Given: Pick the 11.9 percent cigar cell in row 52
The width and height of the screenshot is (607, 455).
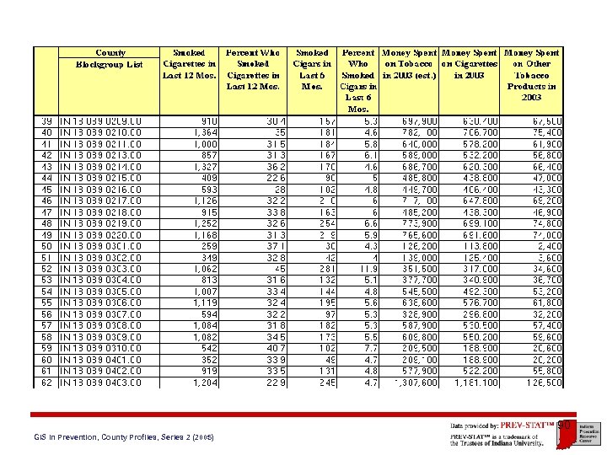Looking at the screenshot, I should click(x=368, y=269).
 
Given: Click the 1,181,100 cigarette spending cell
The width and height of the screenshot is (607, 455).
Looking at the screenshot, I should click(x=476, y=382).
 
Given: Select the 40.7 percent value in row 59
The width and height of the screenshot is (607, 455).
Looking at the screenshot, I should click(x=270, y=348).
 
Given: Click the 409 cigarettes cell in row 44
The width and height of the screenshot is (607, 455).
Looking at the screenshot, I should click(x=209, y=178).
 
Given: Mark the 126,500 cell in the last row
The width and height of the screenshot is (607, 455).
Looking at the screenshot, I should click(x=544, y=382).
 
